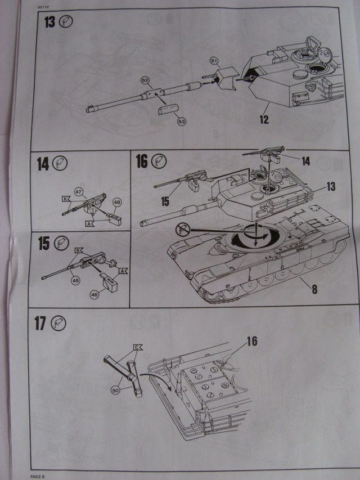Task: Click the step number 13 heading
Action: [49, 23]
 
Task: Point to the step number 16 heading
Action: [141, 162]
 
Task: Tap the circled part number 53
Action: [181, 121]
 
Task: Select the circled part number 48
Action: [117, 201]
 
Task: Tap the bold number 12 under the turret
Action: [264, 120]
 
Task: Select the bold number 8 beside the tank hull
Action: [314, 290]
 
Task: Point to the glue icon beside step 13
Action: [66, 23]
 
